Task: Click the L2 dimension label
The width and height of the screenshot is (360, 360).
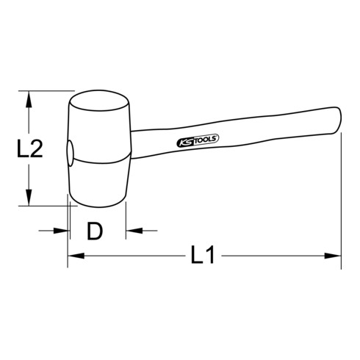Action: point(29,150)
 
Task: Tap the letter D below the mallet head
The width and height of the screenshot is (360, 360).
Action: point(94,232)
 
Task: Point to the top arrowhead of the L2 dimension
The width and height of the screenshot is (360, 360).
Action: point(29,96)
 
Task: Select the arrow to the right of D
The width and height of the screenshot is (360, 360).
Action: point(132,231)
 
